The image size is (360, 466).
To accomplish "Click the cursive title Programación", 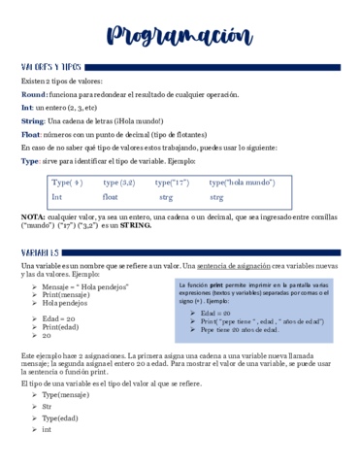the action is (x=180, y=37).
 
